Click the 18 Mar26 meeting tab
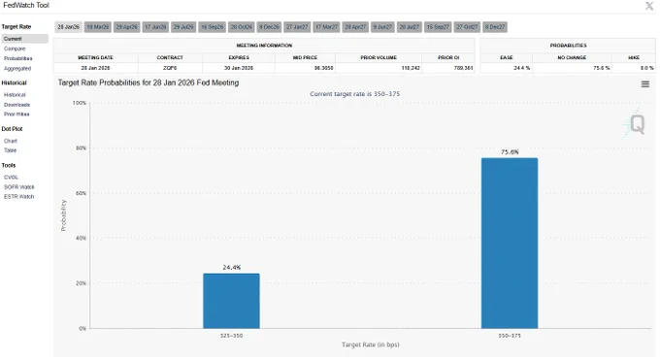tap(97, 27)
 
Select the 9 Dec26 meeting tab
tap(270, 27)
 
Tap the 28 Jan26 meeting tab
tap(68, 27)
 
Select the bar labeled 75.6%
tap(510, 243)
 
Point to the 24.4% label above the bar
tap(231, 267)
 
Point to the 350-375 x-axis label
tap(510, 336)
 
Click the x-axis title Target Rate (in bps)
tap(370, 344)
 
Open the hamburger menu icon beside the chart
tap(645, 84)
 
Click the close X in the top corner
tap(649, 6)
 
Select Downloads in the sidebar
tap(16, 104)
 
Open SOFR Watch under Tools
tap(18, 186)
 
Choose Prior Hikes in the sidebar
tap(16, 115)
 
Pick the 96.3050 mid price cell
tap(293, 68)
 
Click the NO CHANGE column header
tap(573, 57)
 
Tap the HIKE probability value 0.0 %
tap(633, 68)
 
